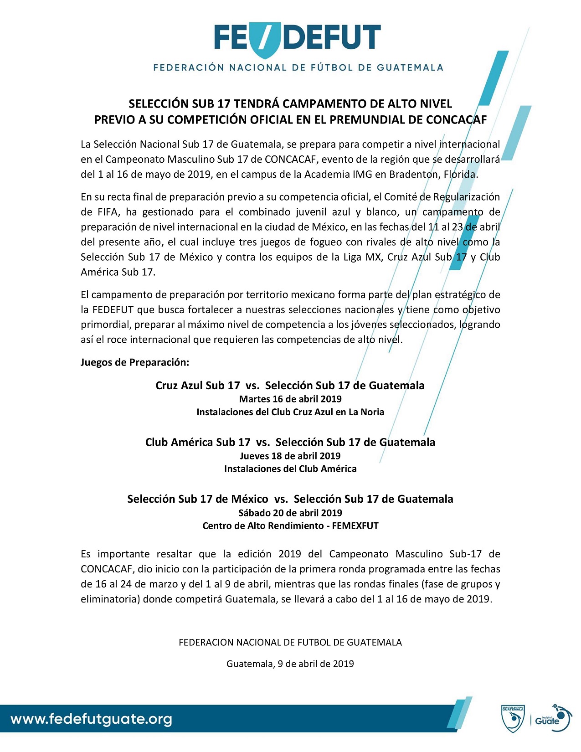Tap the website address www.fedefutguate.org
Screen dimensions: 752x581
tap(92, 719)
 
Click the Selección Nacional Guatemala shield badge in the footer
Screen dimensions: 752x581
tap(513, 720)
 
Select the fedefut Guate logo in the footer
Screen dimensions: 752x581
tap(552, 718)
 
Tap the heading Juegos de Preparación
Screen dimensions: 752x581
tap(135, 362)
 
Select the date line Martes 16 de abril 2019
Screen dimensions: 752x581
tap(290, 399)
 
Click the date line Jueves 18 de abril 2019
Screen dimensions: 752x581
tap(290, 456)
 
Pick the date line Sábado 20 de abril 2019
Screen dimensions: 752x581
tap(290, 512)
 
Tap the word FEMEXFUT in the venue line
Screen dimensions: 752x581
tap(355, 525)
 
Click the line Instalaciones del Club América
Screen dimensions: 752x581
tap(290, 469)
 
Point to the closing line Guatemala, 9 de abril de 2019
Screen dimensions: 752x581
tap(290, 664)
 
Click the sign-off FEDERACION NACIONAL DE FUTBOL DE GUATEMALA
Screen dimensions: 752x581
tap(290, 643)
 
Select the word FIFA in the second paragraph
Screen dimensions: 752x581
tap(93, 212)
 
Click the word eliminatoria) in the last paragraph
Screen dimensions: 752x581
tap(110, 599)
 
